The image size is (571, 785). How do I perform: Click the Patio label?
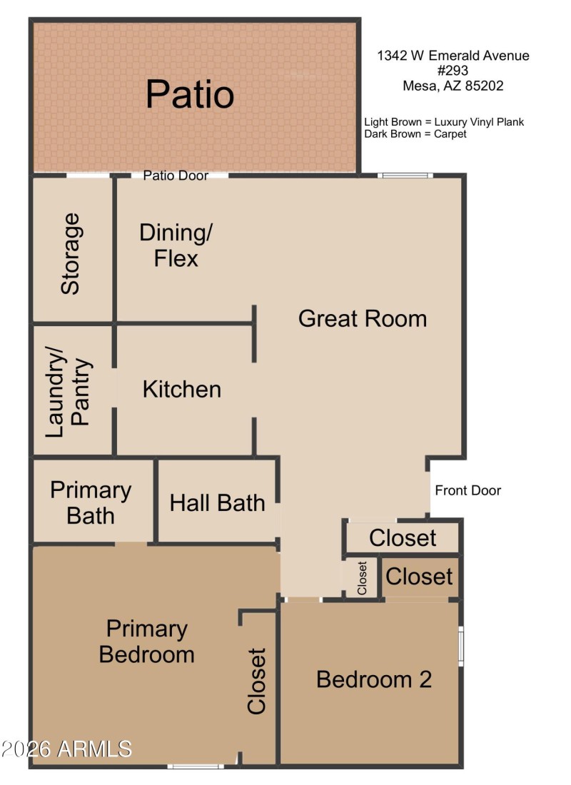[x=190, y=94]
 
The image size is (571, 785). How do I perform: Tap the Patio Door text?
[x=176, y=176]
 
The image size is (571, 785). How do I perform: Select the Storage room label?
[x=71, y=253]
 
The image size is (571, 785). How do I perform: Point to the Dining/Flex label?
[x=176, y=245]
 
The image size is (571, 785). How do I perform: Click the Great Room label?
[x=362, y=318]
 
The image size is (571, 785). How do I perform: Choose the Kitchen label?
[x=182, y=389]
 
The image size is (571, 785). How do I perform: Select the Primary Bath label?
[x=91, y=502]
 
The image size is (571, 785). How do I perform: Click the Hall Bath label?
[x=217, y=502]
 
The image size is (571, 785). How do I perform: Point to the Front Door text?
[x=468, y=490]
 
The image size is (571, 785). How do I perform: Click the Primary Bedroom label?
[x=146, y=641]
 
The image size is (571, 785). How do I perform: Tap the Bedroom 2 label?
[x=374, y=679]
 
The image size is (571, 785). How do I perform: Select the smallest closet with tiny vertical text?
[x=362, y=578]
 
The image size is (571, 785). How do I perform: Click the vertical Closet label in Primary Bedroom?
[x=256, y=681]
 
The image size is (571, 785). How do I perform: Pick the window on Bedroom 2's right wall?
[x=461, y=644]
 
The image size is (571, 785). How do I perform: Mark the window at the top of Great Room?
[x=405, y=175]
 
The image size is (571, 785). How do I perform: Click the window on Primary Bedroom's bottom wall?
[x=196, y=766]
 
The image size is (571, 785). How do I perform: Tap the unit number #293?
[x=453, y=71]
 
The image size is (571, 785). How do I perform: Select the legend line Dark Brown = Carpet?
[x=415, y=133]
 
